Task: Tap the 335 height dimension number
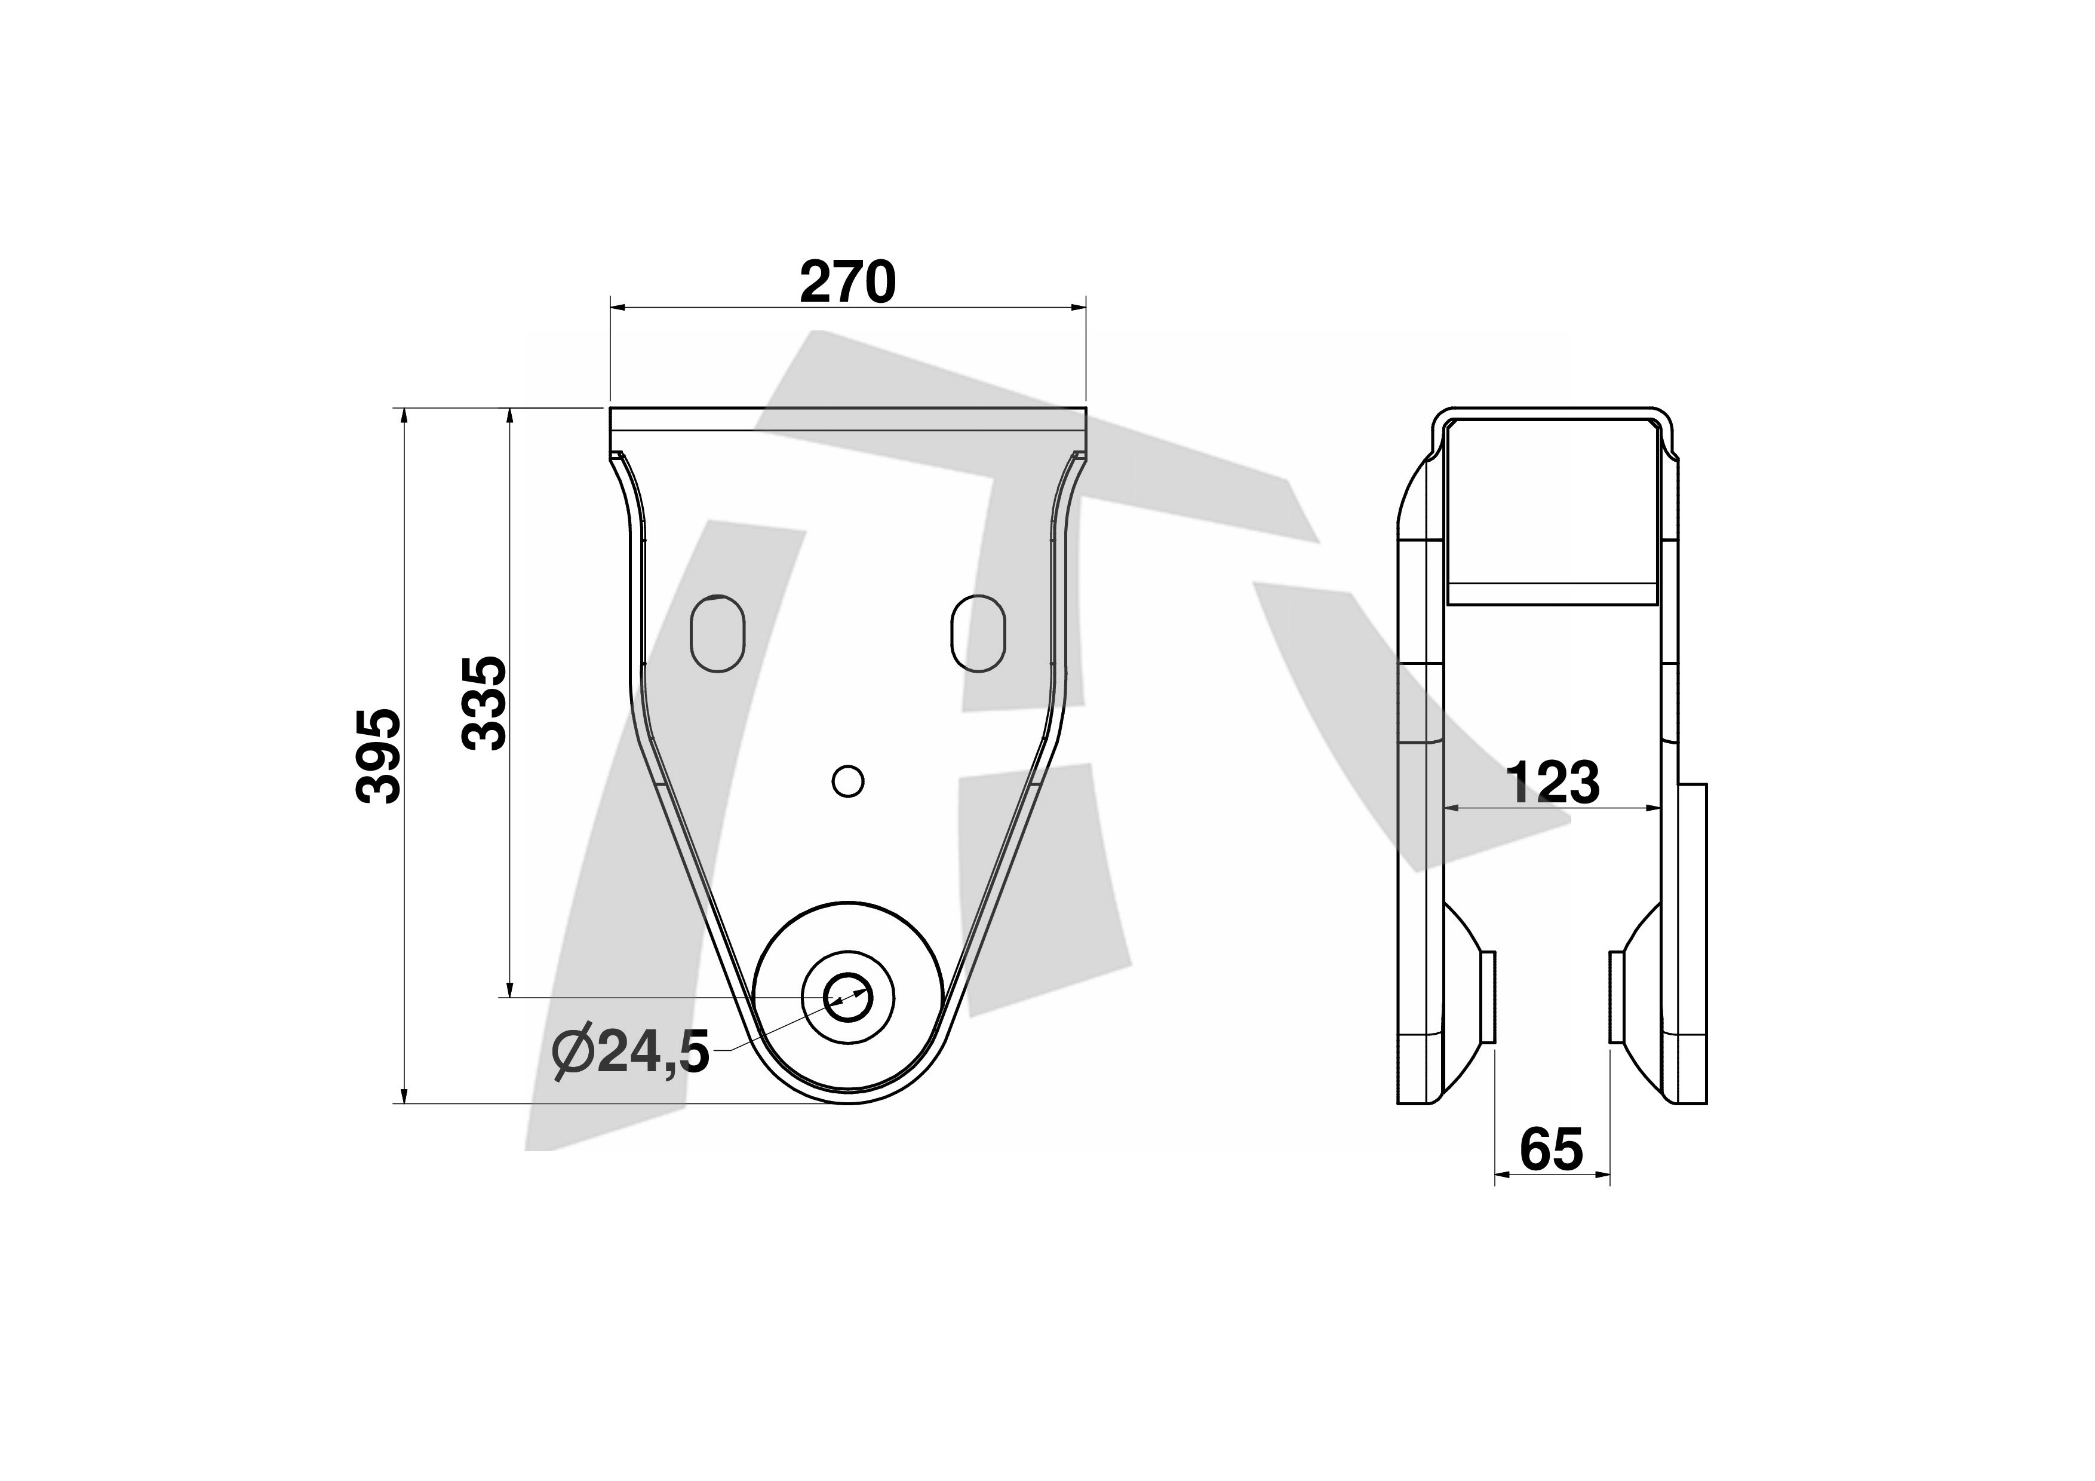click(x=484, y=703)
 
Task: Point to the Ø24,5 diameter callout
click(x=631, y=1053)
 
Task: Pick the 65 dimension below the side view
click(x=1551, y=1150)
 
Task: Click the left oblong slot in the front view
click(x=718, y=633)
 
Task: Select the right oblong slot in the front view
click(x=978, y=633)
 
